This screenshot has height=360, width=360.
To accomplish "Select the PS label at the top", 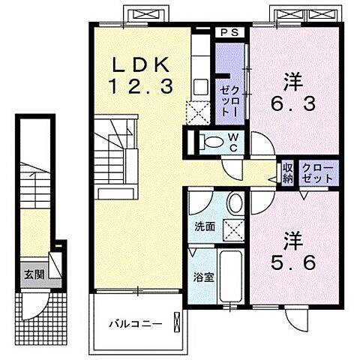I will click(229, 32).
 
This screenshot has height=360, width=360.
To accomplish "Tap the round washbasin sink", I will click(235, 204).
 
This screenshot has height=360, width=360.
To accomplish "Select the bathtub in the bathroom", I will click(229, 277).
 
